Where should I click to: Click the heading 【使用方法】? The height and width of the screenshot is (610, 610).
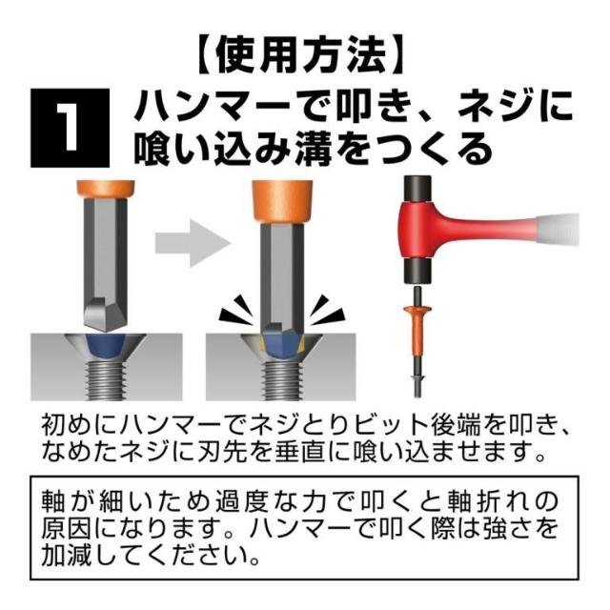[x=299, y=55]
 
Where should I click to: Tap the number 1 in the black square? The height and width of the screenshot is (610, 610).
[x=70, y=127]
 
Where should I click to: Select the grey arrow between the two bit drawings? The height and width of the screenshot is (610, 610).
[x=193, y=243]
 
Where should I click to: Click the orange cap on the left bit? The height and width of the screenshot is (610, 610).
[x=106, y=190]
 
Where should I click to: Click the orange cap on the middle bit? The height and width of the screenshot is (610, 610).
[x=282, y=202]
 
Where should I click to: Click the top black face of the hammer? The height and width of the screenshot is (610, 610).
[x=417, y=189]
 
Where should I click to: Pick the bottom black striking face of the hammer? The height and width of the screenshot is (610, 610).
[x=417, y=271]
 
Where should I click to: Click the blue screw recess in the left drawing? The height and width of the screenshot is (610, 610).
[x=106, y=345]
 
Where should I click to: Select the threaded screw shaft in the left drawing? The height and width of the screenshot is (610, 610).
[x=106, y=380]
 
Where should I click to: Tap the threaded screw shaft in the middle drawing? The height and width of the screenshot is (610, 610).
[x=282, y=380]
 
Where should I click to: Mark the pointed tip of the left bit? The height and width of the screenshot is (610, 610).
[x=106, y=331]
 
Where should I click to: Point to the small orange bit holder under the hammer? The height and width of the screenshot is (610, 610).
[x=417, y=328]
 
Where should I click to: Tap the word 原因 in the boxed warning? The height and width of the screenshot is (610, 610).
[x=67, y=528]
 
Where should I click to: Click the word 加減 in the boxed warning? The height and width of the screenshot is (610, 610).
[x=67, y=555]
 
